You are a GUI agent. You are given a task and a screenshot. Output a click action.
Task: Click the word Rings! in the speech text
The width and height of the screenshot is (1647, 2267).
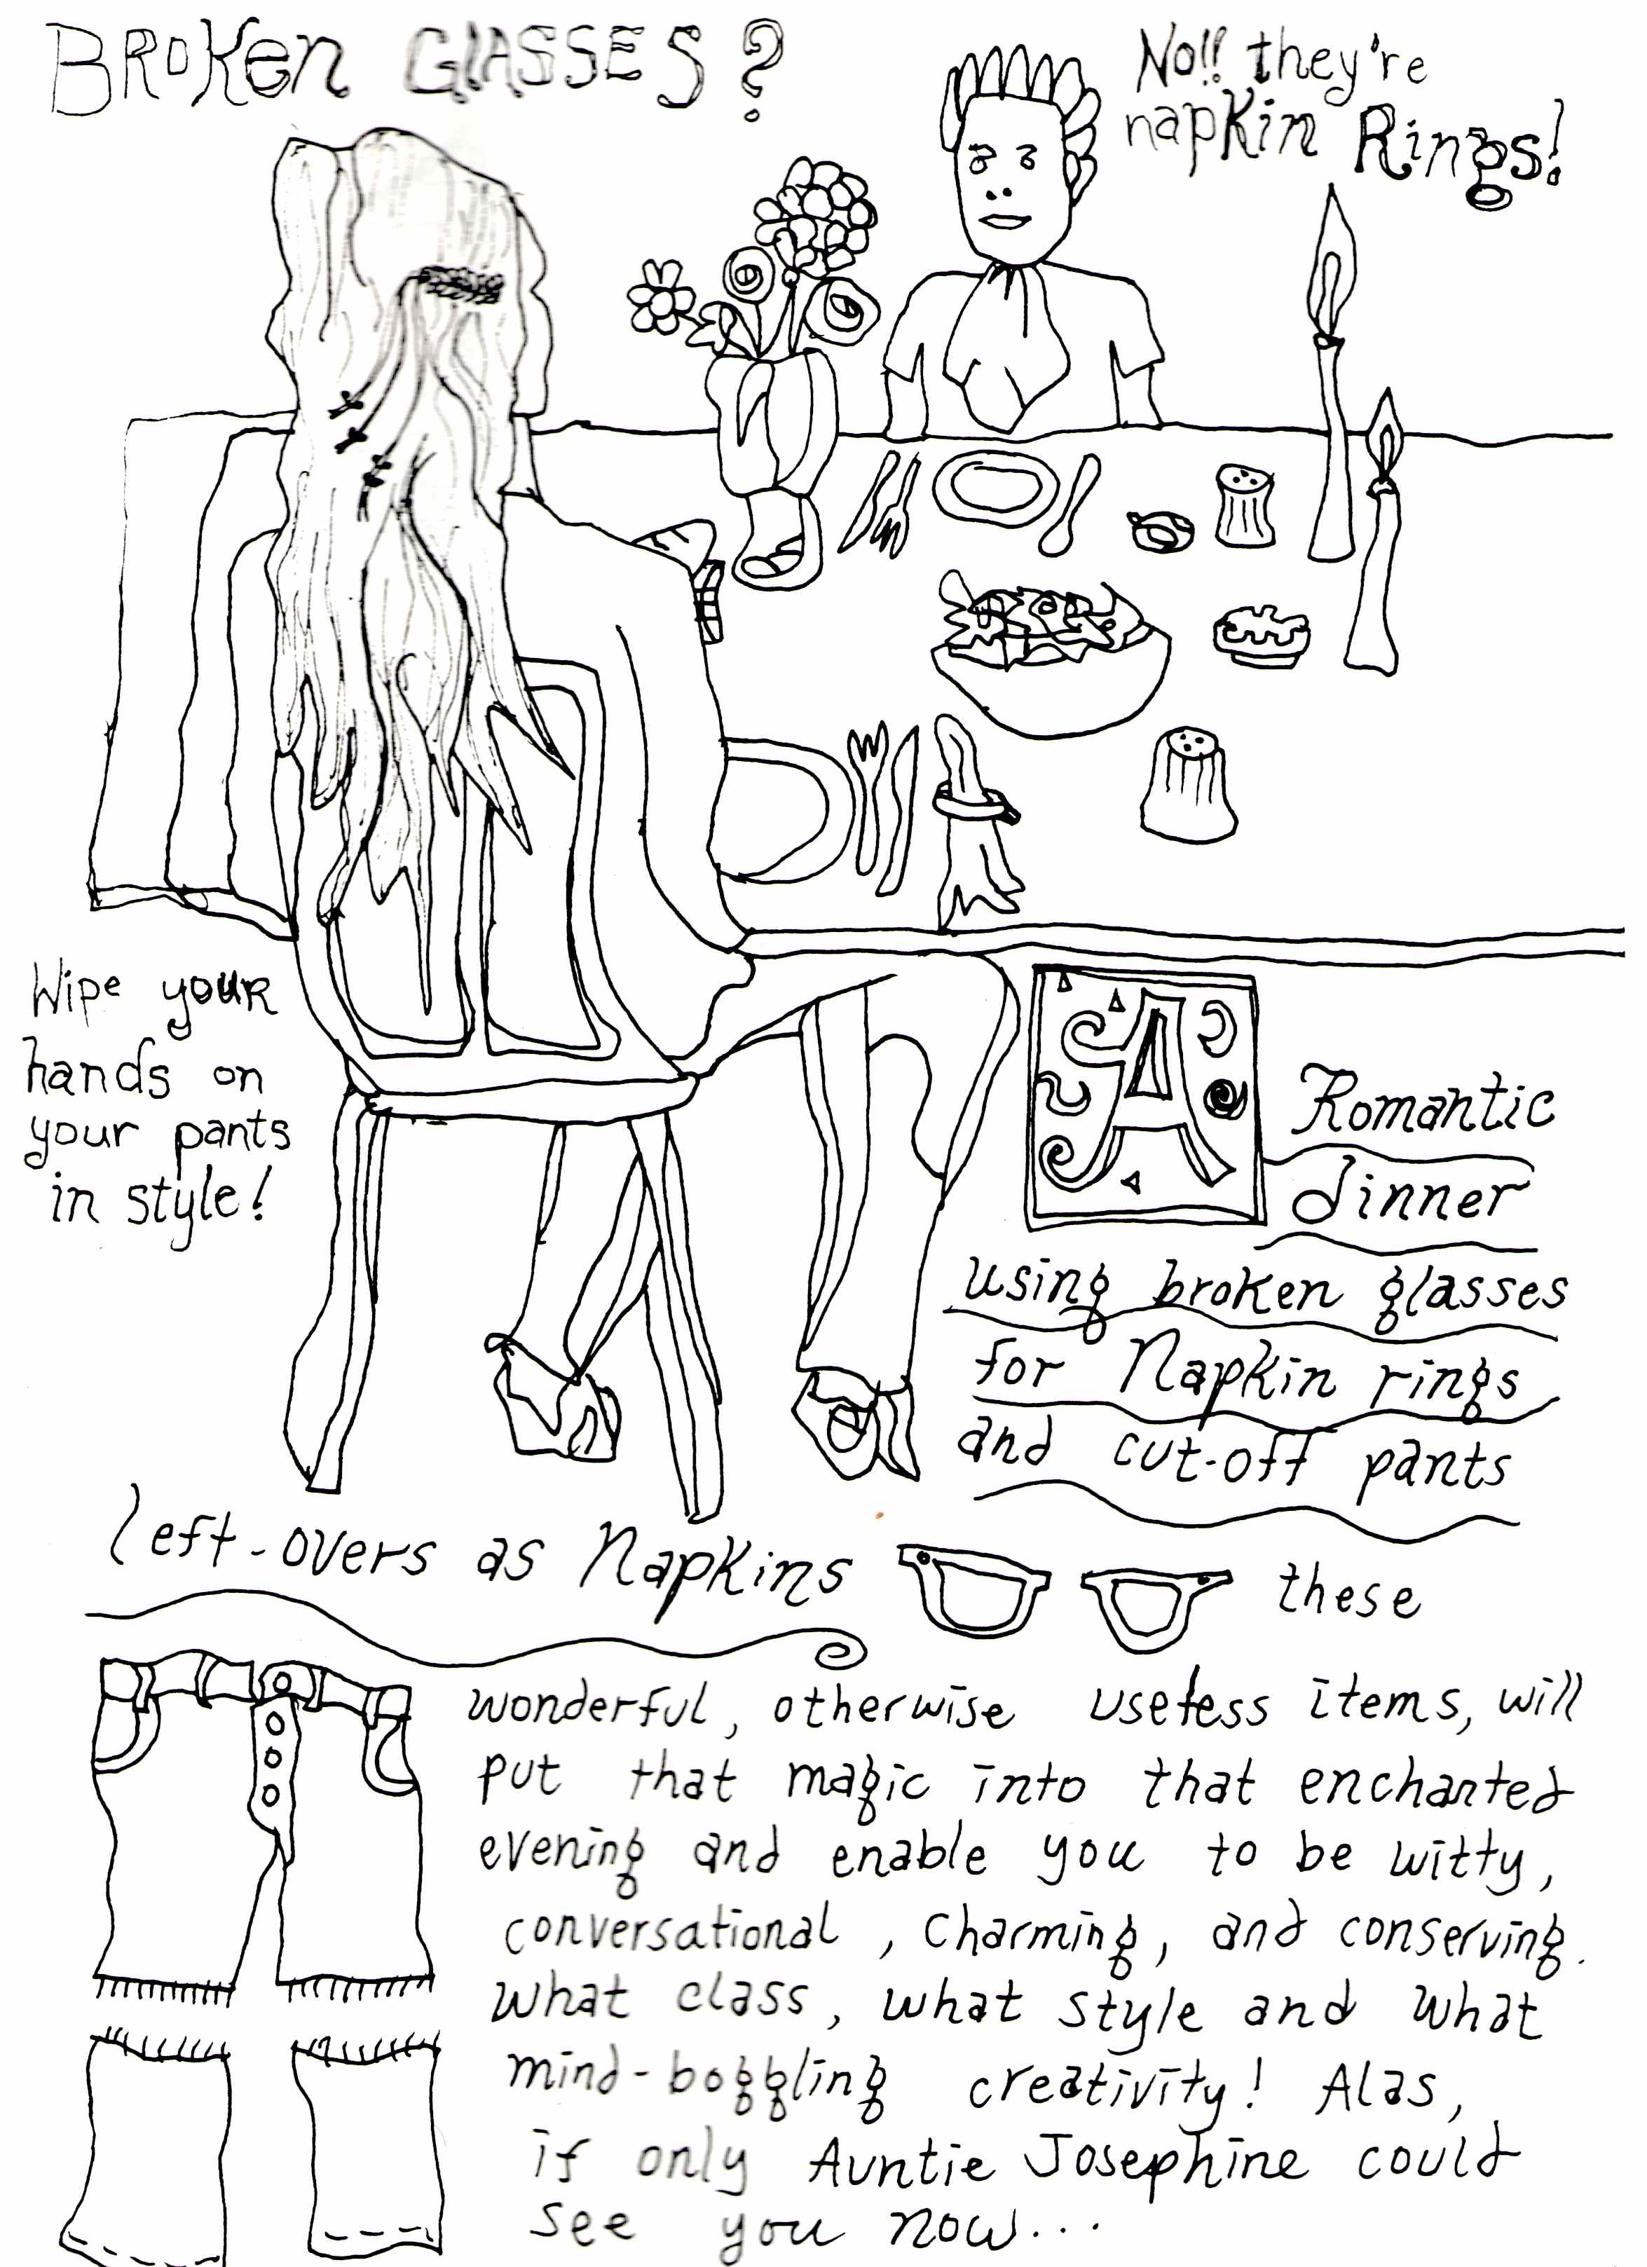click(1455, 160)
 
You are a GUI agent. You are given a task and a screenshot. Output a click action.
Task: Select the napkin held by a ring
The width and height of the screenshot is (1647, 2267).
click(974, 820)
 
